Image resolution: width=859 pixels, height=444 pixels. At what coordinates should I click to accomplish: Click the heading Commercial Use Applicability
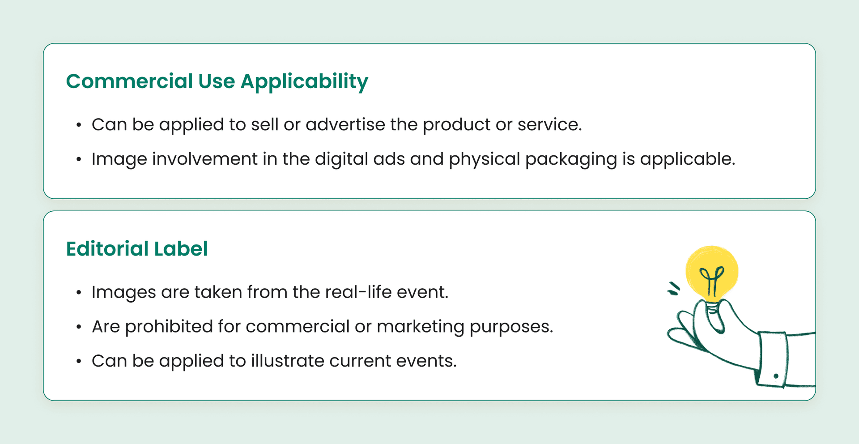click(217, 82)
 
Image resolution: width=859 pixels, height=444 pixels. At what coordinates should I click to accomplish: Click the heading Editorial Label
click(137, 249)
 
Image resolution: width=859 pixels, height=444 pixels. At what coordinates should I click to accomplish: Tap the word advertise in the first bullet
click(345, 124)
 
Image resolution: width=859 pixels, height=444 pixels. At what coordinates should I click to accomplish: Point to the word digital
click(341, 160)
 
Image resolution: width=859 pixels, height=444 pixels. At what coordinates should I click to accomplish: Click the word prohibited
click(169, 327)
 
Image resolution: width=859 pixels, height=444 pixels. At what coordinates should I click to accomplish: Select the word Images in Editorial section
click(124, 293)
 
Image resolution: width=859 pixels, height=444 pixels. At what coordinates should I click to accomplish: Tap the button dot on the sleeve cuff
click(776, 376)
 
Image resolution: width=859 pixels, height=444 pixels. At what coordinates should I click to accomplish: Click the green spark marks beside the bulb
click(673, 289)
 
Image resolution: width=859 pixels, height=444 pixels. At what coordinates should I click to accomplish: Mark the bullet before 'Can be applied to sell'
click(79, 125)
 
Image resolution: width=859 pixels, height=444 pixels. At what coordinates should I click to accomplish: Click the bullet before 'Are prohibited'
click(79, 327)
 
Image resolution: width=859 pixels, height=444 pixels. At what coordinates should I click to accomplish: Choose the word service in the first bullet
click(549, 124)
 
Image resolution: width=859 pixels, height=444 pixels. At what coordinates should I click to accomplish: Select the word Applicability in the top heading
click(304, 82)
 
